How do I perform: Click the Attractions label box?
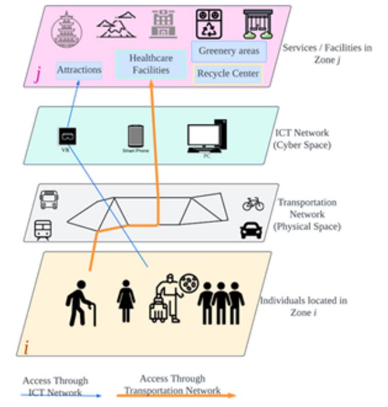pos(79,70)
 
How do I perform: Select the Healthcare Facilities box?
pos(150,64)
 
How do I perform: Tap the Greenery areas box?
pos(229,51)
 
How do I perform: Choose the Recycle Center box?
pos(228,74)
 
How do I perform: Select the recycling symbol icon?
pos(209,24)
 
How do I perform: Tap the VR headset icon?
pos(68,137)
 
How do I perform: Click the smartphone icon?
pos(136,137)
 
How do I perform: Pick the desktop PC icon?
pos(207,136)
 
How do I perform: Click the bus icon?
pos(48,199)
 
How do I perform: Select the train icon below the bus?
pos(43,230)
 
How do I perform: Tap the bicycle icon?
pos(253,203)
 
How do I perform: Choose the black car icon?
pos(251,231)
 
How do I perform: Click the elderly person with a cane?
pos(81,303)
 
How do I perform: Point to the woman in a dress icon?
pos(126,301)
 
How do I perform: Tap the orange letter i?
pos(26,348)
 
